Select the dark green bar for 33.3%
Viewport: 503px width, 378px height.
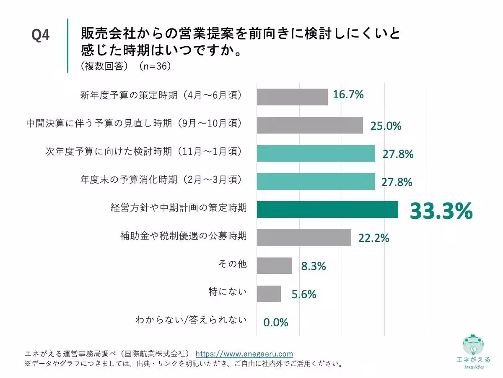pos(327,210)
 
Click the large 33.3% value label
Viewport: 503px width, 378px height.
pos(441,211)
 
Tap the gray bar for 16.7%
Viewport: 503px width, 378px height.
pos(292,97)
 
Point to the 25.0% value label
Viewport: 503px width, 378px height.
pos(386,126)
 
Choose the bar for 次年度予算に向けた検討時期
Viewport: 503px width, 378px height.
pos(316,153)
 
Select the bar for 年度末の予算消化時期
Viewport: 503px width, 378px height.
pos(316,181)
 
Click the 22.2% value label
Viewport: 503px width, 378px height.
pos(373,238)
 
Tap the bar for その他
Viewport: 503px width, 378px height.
pos(274,266)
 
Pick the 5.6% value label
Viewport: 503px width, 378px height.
pos(304,294)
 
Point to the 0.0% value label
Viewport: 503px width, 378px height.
pos(276,323)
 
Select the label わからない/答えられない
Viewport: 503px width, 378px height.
pos(191,320)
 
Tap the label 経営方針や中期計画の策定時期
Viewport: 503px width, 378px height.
pos(179,207)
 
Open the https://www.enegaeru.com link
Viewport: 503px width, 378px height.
pos(244,354)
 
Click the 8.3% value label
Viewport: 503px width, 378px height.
pos(314,266)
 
